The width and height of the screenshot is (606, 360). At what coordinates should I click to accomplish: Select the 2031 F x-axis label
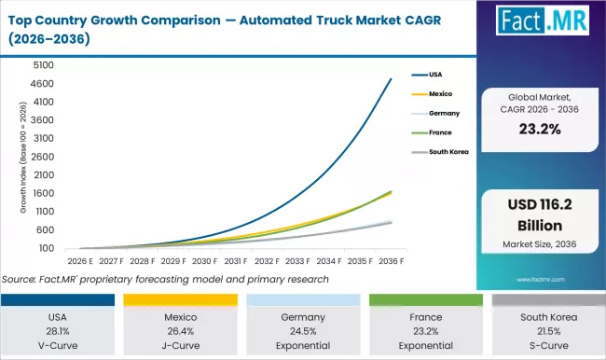click(235, 263)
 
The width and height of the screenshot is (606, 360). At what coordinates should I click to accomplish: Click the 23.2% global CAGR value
click(536, 132)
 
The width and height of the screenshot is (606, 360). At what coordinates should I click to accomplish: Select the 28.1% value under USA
click(60, 329)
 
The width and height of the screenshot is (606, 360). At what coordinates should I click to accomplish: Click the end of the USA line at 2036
click(391, 79)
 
